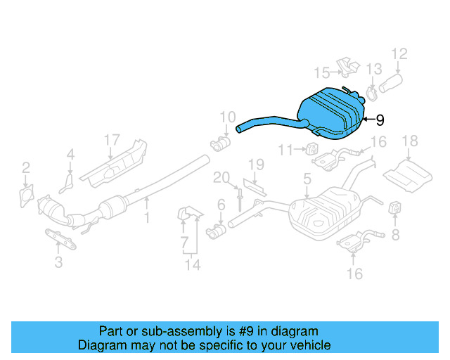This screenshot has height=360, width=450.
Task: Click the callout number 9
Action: click(x=380, y=120)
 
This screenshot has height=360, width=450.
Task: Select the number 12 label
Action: click(x=399, y=53)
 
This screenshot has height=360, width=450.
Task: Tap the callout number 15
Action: click(x=321, y=72)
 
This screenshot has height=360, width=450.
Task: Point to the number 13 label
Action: click(x=374, y=68)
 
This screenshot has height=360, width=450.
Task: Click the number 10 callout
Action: click(x=227, y=117)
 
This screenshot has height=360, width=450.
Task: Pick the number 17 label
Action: click(x=112, y=140)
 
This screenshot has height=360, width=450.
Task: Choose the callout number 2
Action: click(x=26, y=167)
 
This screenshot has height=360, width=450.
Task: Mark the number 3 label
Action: click(x=58, y=262)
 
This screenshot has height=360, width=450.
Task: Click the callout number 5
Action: click(x=307, y=180)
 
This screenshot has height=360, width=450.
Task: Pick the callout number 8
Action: click(x=395, y=235)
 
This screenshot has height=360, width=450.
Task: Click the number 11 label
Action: click(x=285, y=149)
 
